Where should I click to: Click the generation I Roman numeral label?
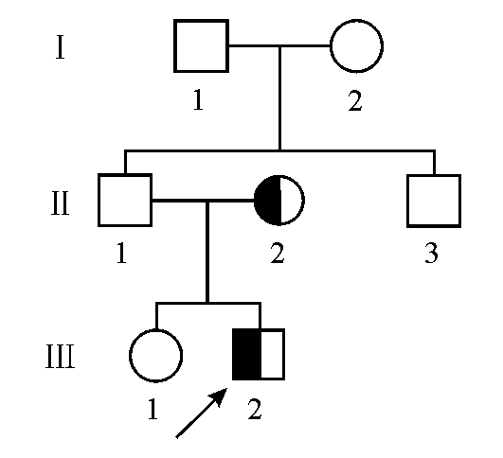click(x=61, y=47)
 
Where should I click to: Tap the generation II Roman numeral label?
click(x=61, y=203)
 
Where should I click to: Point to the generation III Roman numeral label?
click(x=61, y=357)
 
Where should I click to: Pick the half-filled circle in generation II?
click(x=279, y=201)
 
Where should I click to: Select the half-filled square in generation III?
click(x=259, y=355)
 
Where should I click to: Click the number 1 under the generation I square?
click(x=199, y=99)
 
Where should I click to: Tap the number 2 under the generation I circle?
click(x=355, y=100)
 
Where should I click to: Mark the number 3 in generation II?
click(x=431, y=253)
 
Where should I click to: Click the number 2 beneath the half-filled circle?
click(x=278, y=253)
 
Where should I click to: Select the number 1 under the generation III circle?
click(x=153, y=409)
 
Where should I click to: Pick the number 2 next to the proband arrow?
click(x=255, y=409)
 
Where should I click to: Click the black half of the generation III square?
click(x=246, y=355)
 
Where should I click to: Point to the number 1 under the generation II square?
click(x=121, y=253)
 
